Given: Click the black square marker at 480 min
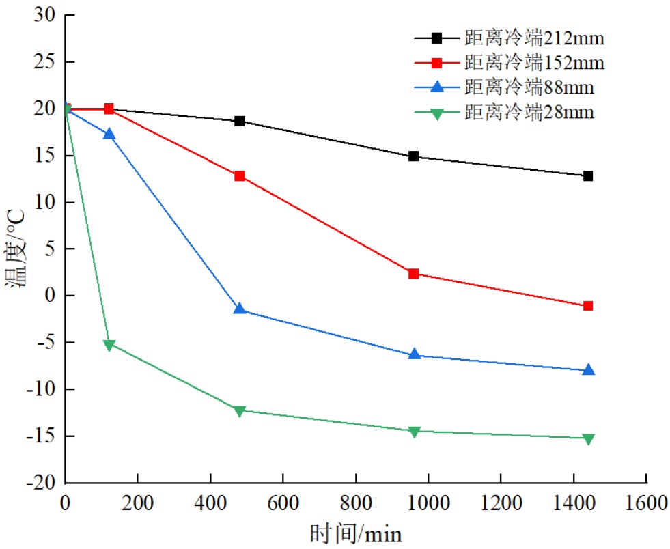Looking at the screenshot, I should point(240,122).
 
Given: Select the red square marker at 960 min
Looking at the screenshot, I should point(414,274).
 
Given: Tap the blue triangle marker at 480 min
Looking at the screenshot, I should point(240,309).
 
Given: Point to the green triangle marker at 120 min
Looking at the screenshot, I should point(109,345).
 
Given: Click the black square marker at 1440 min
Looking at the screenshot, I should point(588,176).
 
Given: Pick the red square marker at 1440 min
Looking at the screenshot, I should point(588,306).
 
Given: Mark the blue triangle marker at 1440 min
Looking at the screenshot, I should point(588,369).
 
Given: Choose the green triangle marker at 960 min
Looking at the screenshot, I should point(414,432).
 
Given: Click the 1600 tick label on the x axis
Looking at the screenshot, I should point(646,504).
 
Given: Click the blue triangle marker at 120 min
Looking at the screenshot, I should point(109,134).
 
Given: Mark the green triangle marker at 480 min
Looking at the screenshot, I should point(240,411).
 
